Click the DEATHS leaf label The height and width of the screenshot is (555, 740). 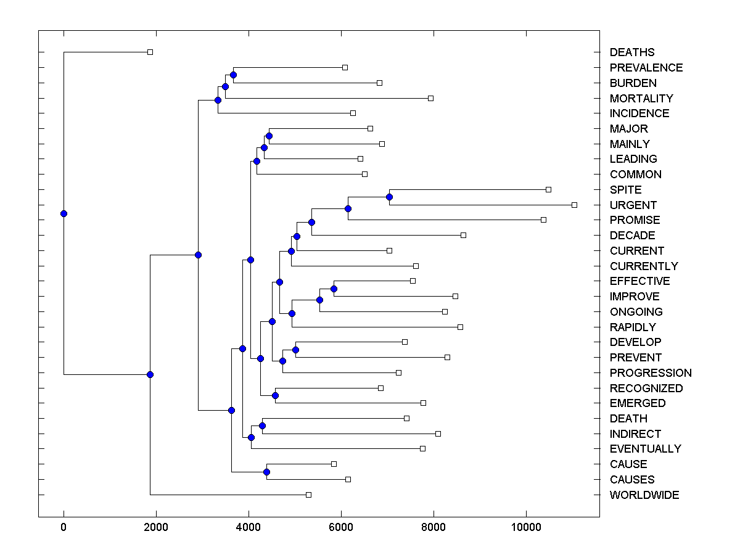632,52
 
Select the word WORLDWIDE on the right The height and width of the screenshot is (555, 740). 644,495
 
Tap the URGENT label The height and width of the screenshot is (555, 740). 633,205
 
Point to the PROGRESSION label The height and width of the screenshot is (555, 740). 651,372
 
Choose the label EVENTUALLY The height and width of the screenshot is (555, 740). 645,449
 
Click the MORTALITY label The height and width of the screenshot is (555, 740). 641,98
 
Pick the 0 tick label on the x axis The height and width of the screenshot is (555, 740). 64,528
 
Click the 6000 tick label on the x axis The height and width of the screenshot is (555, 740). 341,528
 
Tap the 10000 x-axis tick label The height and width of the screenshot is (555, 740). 526,528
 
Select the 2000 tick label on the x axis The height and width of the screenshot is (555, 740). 156,528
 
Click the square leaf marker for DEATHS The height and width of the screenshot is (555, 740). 150,52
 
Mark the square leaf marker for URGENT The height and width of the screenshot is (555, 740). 574,205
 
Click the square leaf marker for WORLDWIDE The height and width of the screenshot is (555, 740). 309,495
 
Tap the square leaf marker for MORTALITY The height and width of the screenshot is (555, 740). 430,98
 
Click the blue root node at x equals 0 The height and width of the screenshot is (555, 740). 64,213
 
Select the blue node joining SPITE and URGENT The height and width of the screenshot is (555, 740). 389,197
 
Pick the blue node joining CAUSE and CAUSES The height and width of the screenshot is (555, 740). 266,472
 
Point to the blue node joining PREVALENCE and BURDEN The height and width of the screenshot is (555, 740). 233,75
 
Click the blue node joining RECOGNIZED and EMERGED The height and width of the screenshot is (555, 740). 275,395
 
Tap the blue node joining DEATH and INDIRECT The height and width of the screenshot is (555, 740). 262,425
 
